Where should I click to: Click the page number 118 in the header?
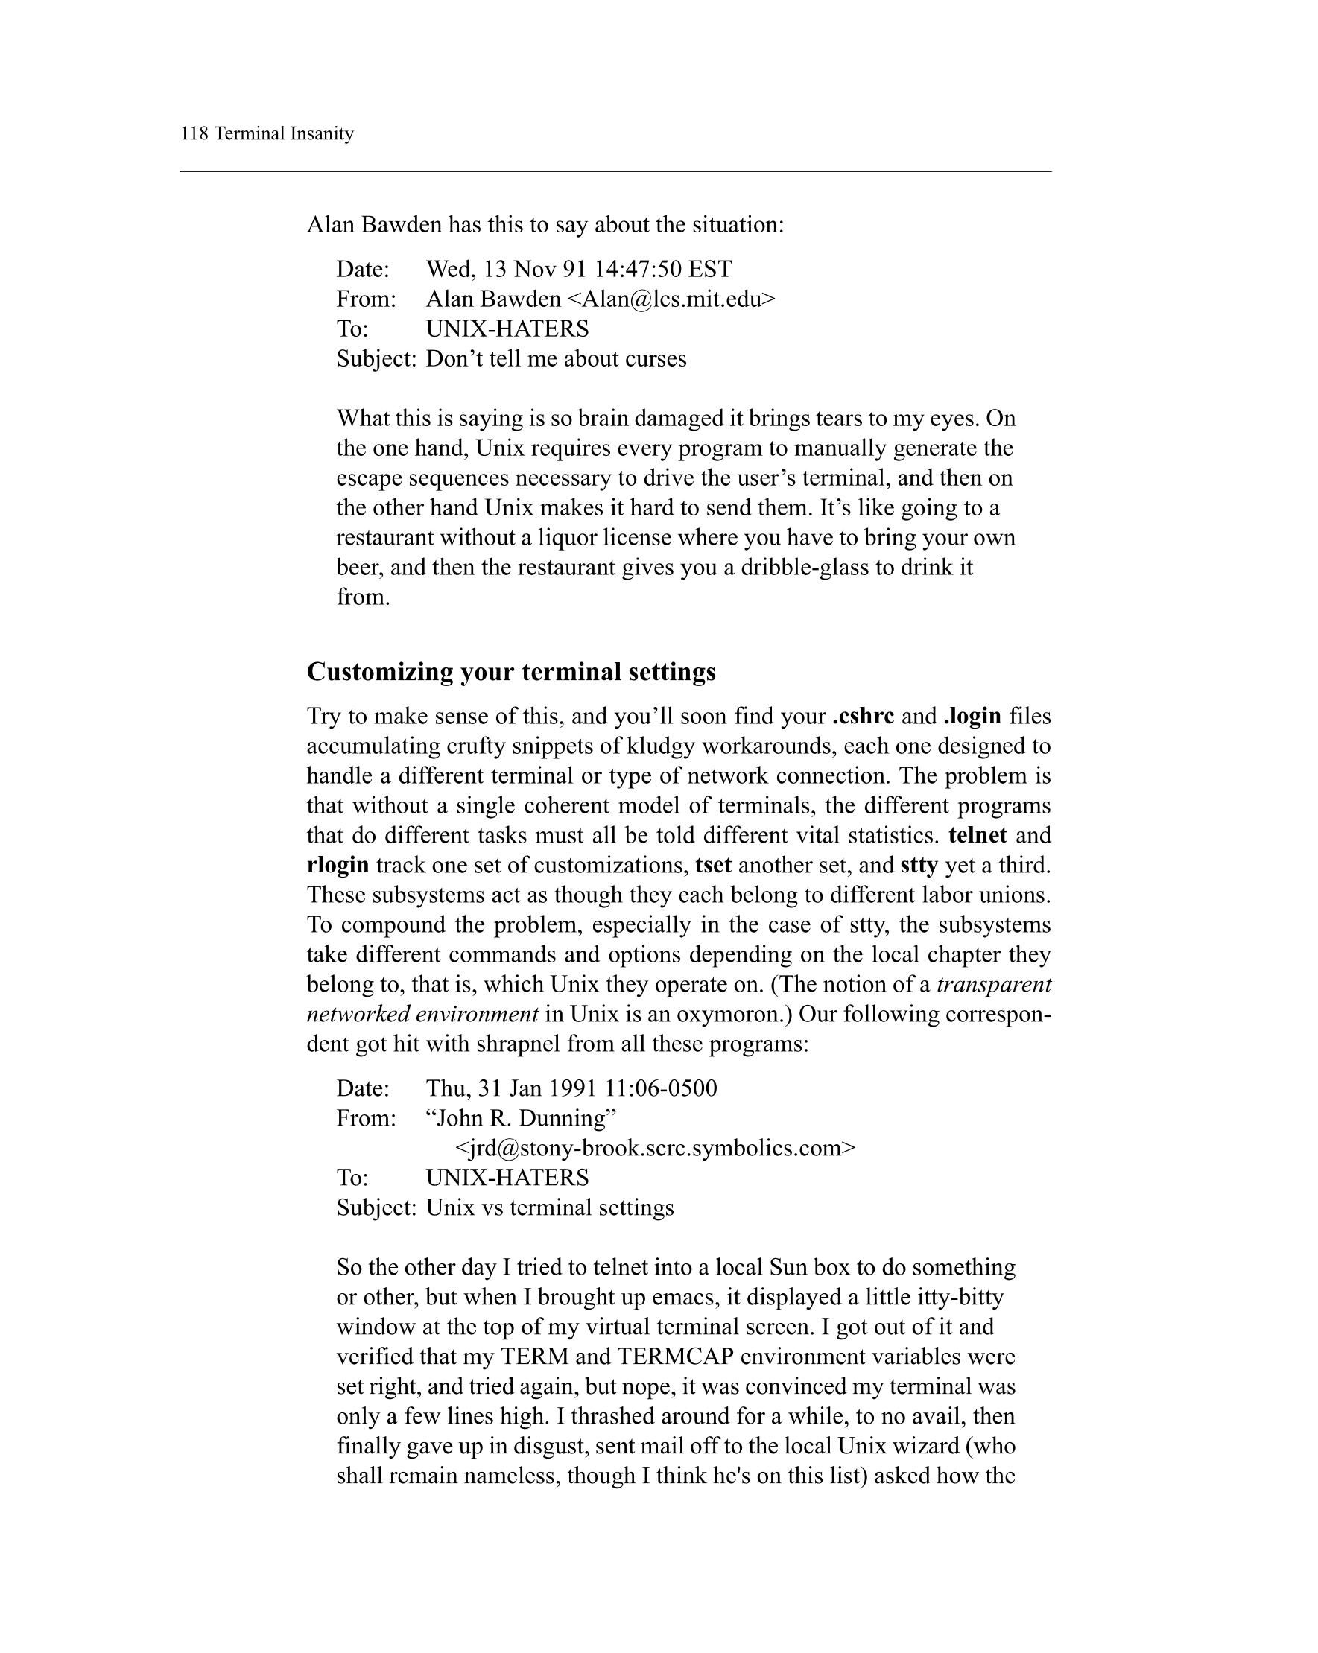coord(194,133)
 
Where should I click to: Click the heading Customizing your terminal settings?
coord(510,672)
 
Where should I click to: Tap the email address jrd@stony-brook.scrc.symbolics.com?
coord(655,1148)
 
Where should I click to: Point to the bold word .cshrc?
coord(863,716)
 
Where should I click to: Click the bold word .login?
coord(972,716)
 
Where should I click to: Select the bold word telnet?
coord(978,835)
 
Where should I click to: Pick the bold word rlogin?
coord(338,865)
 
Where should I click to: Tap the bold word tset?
coord(713,865)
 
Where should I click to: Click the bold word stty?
coord(919,865)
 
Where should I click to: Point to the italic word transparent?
coord(994,985)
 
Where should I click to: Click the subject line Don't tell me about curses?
coord(556,359)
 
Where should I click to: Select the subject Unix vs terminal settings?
coord(550,1208)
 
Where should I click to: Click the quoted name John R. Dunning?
coord(521,1118)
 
